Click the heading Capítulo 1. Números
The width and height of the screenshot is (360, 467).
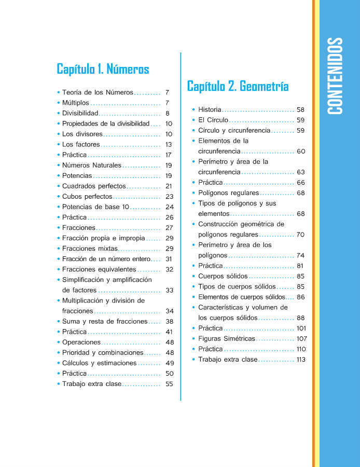103,69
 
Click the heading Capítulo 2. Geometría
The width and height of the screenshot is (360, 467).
238,86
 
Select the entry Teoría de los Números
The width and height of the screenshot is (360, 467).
98,92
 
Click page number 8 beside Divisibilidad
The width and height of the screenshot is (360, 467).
168,113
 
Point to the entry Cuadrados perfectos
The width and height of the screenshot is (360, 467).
94,186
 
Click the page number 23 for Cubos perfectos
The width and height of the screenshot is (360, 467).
169,197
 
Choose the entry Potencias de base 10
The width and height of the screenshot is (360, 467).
95,207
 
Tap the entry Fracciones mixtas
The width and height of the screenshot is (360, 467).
90,249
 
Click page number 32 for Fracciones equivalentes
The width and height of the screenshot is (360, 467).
169,269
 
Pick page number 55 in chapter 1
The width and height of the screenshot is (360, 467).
169,384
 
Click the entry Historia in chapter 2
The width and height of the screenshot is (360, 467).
210,110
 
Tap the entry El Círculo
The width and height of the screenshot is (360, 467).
213,120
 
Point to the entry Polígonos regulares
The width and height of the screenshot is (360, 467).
228,193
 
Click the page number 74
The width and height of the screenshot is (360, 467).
300,255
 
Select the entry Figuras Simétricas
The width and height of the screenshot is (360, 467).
227,339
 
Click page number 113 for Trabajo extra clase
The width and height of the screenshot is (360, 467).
301,360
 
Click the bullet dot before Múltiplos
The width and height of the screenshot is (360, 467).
59,103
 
